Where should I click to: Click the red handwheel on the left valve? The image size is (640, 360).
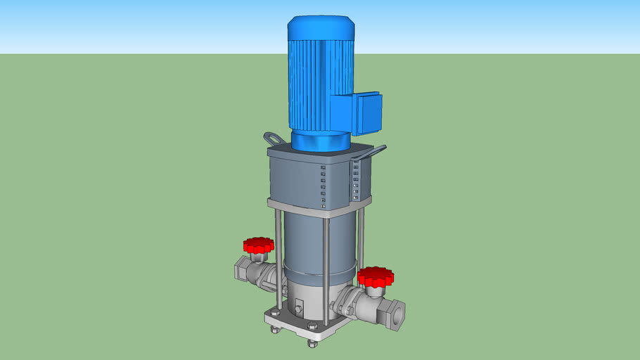pyautogui.click(x=258, y=245)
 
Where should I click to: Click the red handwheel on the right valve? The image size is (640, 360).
pyautogui.click(x=375, y=276)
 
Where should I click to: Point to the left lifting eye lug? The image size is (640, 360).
pyautogui.click(x=274, y=138)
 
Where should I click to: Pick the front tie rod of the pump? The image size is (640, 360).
pyautogui.click(x=326, y=267)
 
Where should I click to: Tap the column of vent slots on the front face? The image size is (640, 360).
pyautogui.click(x=323, y=186)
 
